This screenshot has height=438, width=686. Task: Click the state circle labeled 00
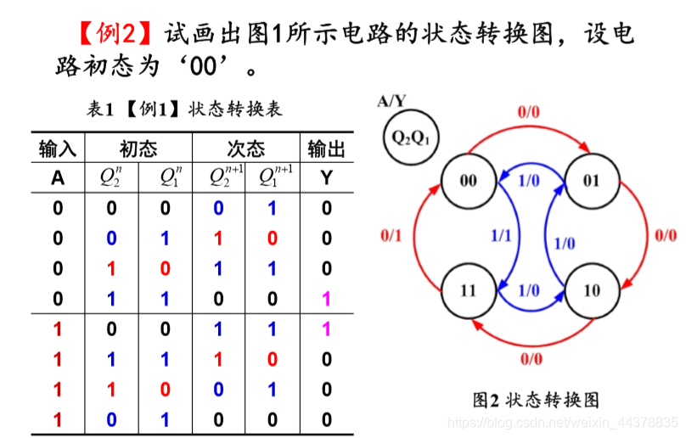(468, 181)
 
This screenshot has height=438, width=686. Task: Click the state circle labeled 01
(591, 181)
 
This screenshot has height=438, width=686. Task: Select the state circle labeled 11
(468, 290)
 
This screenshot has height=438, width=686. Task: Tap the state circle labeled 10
(591, 290)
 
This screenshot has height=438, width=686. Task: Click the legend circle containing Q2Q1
(411, 137)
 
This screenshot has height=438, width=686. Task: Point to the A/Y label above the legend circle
(391, 102)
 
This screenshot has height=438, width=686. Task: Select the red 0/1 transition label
(391, 235)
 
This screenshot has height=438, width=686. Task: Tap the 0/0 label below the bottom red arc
(530, 358)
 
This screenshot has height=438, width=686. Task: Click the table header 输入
(58, 149)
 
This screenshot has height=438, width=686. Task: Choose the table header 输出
(327, 149)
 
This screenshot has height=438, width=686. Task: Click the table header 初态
(138, 149)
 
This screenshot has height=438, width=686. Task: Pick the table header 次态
(246, 149)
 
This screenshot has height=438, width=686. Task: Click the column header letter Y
(327, 177)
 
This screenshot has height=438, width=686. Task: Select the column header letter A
(58, 177)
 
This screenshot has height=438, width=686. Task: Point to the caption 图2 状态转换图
(536, 400)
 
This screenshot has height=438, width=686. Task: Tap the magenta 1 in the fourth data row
(327, 299)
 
